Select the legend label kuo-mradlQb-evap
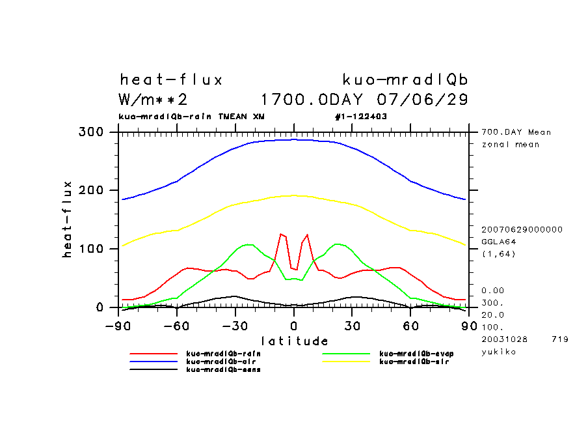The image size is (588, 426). click(x=417, y=354)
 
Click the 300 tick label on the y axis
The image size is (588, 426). click(x=91, y=132)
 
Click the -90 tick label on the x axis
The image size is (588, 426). click(x=118, y=325)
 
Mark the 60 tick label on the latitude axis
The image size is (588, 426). click(x=410, y=325)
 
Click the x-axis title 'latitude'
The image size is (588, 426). click(x=295, y=341)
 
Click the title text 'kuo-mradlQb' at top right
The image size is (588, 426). click(x=405, y=80)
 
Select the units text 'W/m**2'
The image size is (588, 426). click(x=154, y=100)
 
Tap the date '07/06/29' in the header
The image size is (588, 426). click(x=423, y=100)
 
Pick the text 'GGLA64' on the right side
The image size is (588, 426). click(x=497, y=241)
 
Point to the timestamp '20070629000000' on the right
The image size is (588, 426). click(x=522, y=229)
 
